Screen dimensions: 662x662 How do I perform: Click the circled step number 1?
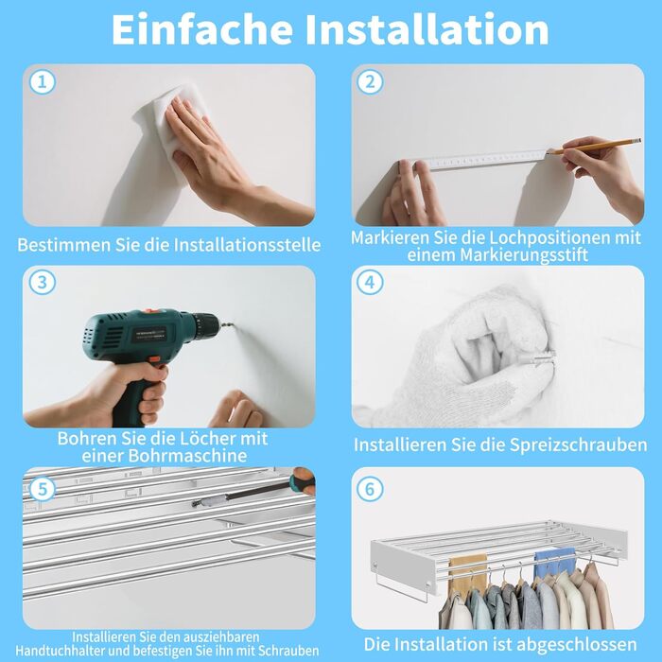pyautogui.click(x=43, y=81)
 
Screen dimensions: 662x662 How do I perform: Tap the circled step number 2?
pyautogui.click(x=370, y=81)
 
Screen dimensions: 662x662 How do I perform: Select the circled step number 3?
pyautogui.click(x=43, y=282)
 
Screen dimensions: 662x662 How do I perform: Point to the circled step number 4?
pyautogui.click(x=370, y=282)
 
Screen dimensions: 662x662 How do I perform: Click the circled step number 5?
pyautogui.click(x=43, y=489)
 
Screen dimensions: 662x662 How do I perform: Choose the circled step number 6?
pyautogui.click(x=370, y=489)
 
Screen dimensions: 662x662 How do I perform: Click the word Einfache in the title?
pyautogui.click(x=201, y=28)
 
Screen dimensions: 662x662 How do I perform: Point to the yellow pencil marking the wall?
pyautogui.click(x=595, y=146)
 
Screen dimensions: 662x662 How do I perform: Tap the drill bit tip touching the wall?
pyautogui.click(x=233, y=324)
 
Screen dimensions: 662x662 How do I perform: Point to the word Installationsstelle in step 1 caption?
pyautogui.click(x=247, y=245)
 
